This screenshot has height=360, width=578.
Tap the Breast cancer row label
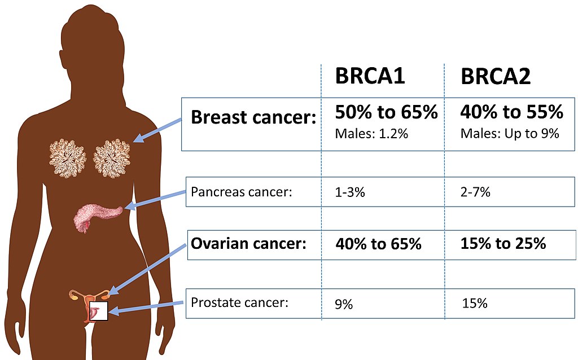253,117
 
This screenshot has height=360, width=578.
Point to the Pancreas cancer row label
241,191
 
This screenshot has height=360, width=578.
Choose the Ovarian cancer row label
248,244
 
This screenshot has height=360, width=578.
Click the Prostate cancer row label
239,302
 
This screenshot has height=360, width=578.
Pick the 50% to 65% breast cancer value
386,112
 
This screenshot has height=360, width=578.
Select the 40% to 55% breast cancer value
511,112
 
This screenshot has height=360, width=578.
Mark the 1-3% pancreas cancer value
350,192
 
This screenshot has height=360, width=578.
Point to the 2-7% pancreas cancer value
475,192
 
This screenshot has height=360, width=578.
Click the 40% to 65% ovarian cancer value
378,244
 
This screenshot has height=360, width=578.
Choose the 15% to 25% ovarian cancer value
503,244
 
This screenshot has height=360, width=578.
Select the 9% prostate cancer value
344,305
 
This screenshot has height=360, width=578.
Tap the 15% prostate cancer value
474,304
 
